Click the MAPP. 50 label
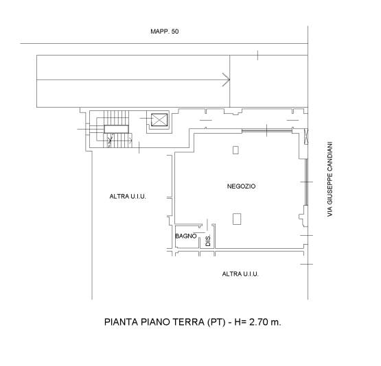click(x=165, y=32)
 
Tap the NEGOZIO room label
click(x=241, y=186)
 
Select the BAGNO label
click(x=186, y=236)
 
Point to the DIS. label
click(x=208, y=241)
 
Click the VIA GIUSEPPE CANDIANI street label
click(x=330, y=179)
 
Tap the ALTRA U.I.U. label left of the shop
click(x=128, y=197)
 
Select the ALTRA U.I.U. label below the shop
click(x=240, y=274)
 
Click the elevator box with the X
click(x=159, y=120)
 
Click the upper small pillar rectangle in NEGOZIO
click(x=235, y=150)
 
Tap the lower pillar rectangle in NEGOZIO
click(x=237, y=219)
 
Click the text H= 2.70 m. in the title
click(x=258, y=322)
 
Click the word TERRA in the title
click(x=189, y=322)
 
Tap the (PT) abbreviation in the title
click(x=216, y=322)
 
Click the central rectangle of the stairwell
click(x=117, y=129)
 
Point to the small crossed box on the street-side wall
click(x=306, y=136)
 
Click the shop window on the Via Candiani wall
click(x=307, y=182)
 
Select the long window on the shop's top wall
click(x=267, y=131)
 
